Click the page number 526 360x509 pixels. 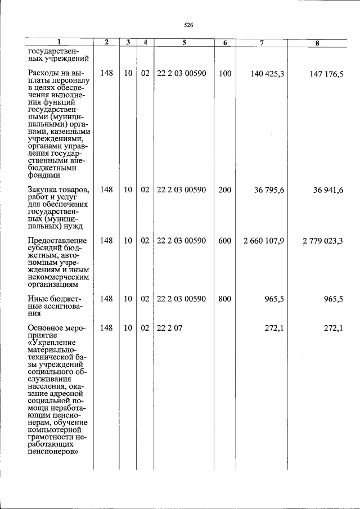pyautogui.click(x=188, y=25)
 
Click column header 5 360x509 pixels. pyautogui.click(x=184, y=43)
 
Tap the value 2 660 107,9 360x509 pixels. pyautogui.click(x=264, y=241)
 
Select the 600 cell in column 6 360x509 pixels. pyautogui.click(x=224, y=241)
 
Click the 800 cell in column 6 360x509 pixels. pyautogui.click(x=224, y=299)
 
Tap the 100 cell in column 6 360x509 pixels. pyautogui.click(x=224, y=74)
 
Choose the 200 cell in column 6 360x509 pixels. pyautogui.click(x=224, y=190)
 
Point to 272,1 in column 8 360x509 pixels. pyautogui.click(x=333, y=327)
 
